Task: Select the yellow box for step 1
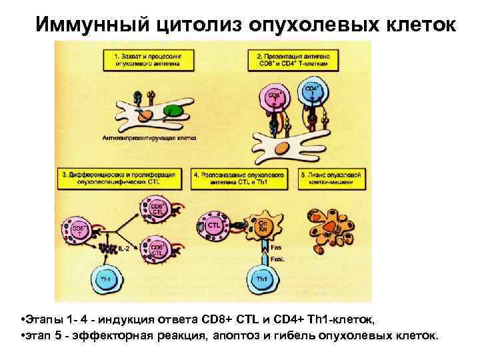coord(145,59)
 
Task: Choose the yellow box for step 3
coord(120,177)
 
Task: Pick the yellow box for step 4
coord(239,177)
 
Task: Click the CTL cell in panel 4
coord(213,225)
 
